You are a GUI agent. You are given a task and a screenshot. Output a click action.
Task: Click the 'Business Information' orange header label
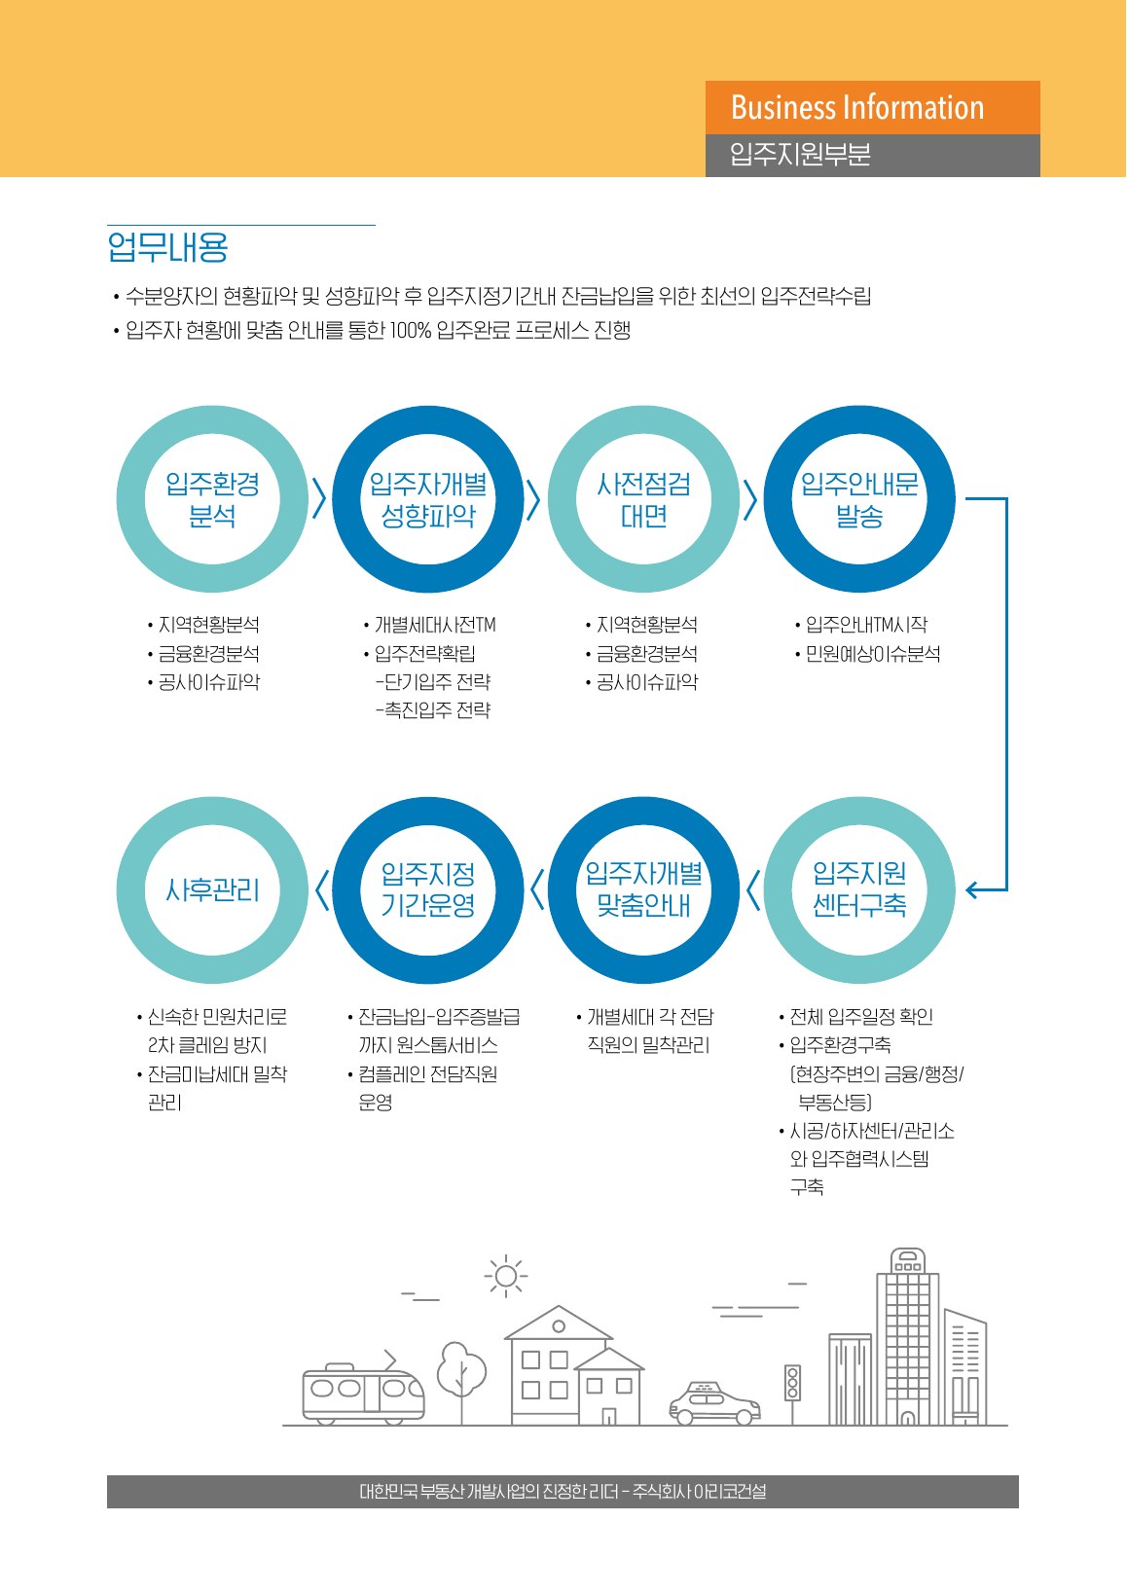pyautogui.click(x=857, y=107)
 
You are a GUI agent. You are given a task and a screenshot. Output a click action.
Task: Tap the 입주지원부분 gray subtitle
pyautogui.click(x=800, y=155)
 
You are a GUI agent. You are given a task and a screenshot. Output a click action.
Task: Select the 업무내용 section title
pyautogui.click(x=168, y=247)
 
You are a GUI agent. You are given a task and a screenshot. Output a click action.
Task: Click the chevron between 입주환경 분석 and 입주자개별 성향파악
pyautogui.click(x=319, y=498)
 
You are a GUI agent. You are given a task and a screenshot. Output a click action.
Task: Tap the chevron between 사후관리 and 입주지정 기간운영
pyautogui.click(x=321, y=889)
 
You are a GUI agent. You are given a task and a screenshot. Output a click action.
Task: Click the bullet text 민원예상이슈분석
pyautogui.click(x=873, y=653)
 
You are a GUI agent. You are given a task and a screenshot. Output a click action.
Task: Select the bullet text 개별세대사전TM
pyautogui.click(x=435, y=625)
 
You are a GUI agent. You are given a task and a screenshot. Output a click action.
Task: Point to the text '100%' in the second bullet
pyautogui.click(x=410, y=330)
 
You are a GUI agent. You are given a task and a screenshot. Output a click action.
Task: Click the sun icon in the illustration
pyautogui.click(x=506, y=1276)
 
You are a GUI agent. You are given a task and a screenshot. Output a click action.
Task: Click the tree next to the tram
pyautogui.click(x=461, y=1381)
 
